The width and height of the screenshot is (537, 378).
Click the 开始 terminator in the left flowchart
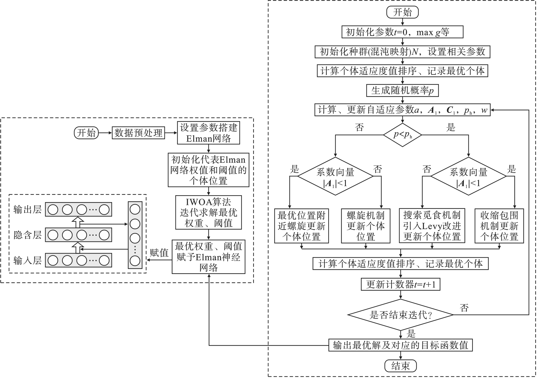pos(86,133)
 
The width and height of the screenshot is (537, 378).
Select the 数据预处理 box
pos(138,133)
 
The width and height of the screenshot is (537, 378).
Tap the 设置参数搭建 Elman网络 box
pos(208,133)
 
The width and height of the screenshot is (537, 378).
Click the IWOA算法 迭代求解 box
pos(208,212)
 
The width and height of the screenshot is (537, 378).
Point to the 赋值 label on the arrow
pos(159,253)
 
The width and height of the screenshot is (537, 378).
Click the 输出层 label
pos(28,209)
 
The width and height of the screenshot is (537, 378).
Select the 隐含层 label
pos(28,235)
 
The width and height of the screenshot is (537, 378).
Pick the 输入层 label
pos(28,260)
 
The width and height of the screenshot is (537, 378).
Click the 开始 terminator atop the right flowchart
pos(402,12)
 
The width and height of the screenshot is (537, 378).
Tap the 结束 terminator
pos(400,366)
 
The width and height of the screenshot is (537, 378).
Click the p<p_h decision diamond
pos(402,135)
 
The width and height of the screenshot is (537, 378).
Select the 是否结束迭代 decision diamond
pos(400,315)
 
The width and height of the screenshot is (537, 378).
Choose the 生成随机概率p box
pos(402,91)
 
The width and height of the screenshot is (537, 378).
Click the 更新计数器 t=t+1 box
pos(400,284)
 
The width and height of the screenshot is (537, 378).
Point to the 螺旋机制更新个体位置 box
pos(365,226)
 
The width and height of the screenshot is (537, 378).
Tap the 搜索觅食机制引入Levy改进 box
pos(432,226)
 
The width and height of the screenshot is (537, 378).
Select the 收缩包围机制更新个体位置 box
pos(499,226)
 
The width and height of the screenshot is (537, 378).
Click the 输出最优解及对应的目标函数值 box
pos(400,345)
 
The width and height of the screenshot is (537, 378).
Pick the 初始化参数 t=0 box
pos(402,32)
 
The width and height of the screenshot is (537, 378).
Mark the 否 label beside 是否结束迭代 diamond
pos(464,308)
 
